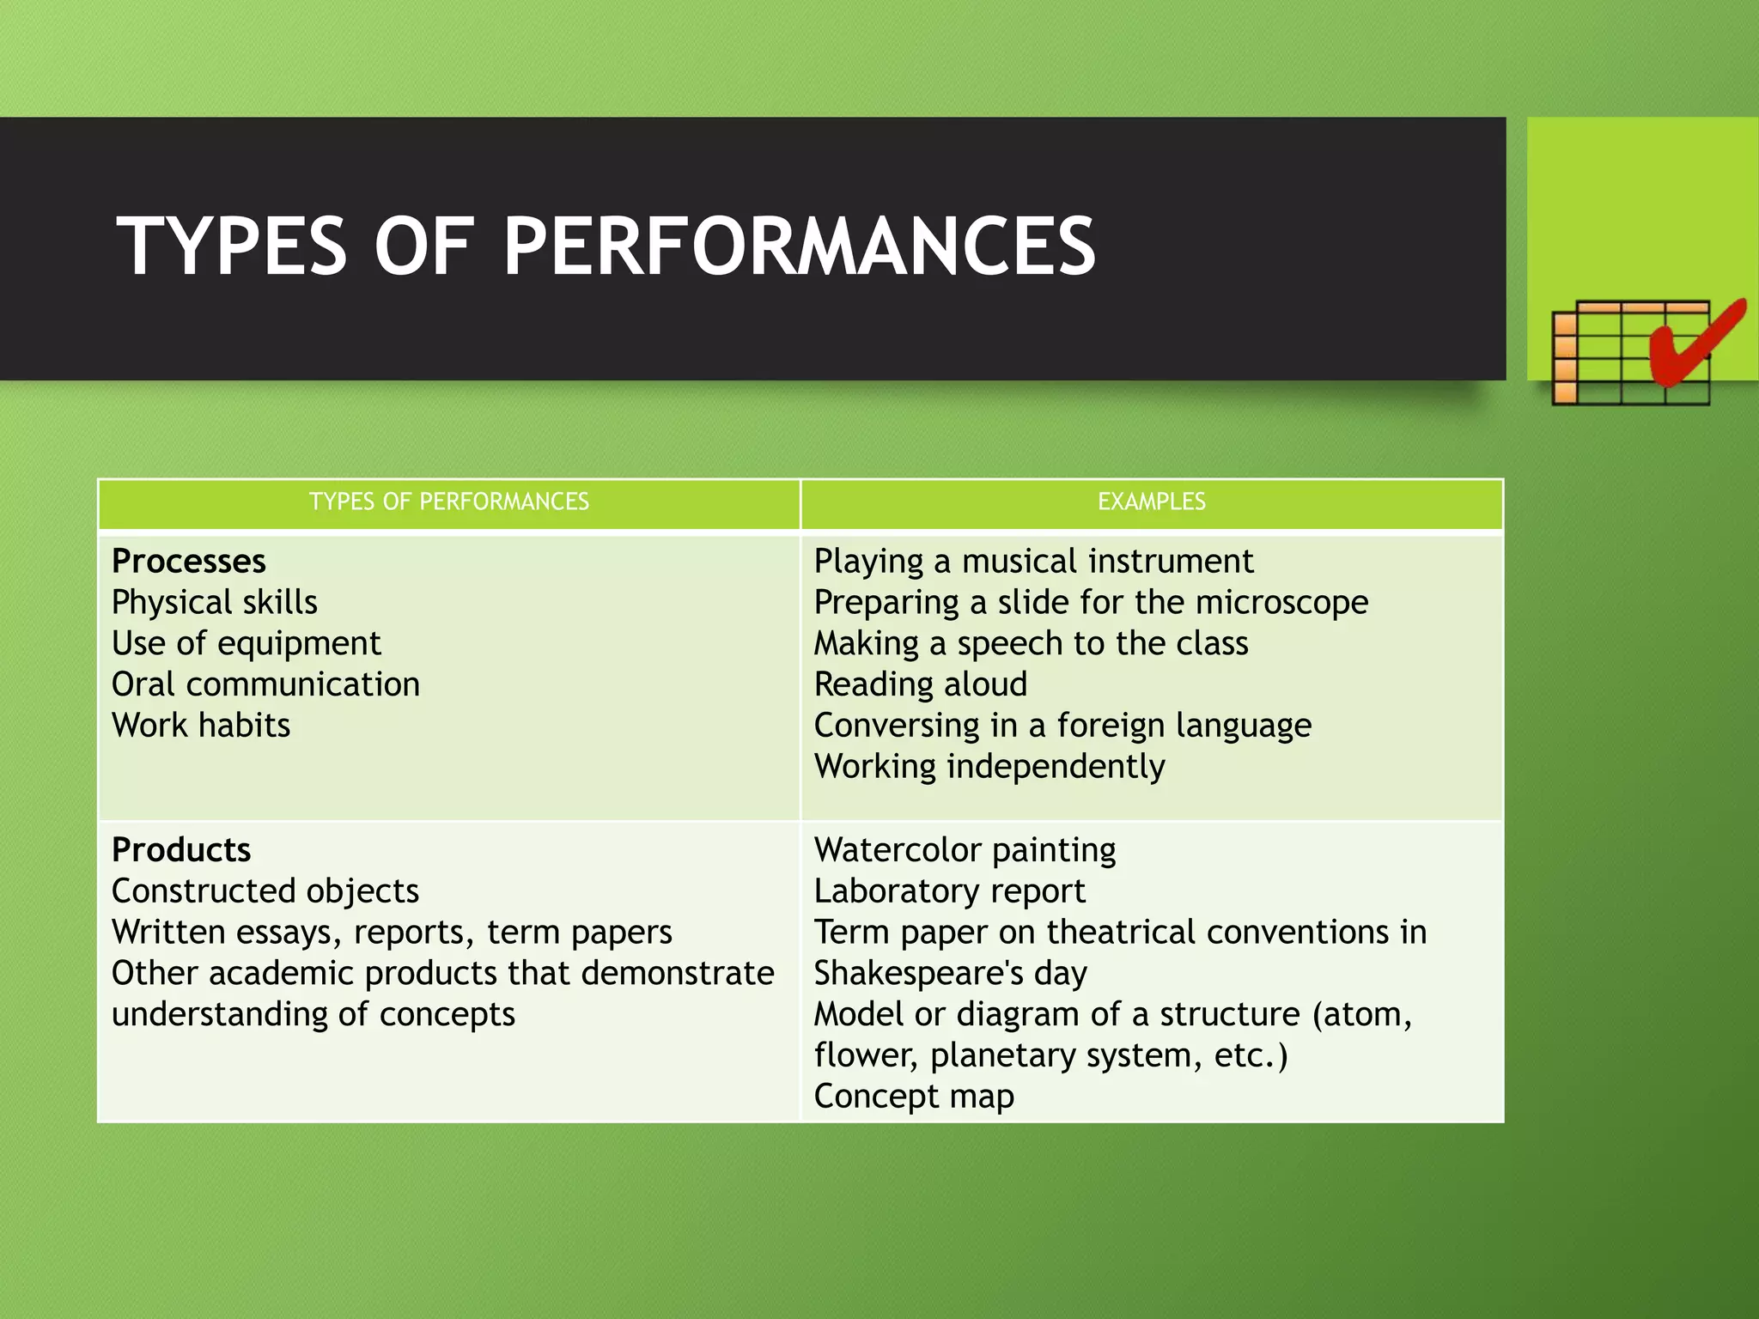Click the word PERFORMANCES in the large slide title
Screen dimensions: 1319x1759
[799, 246]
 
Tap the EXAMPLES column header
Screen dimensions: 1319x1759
[1151, 502]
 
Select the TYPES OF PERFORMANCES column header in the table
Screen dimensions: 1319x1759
[448, 502]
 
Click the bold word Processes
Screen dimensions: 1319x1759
[189, 562]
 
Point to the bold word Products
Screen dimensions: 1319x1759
[181, 850]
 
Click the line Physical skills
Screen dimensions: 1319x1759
[215, 603]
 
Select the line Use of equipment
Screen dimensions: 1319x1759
[247, 644]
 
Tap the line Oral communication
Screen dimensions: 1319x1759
[265, 685]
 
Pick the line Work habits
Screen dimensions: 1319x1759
[201, 726]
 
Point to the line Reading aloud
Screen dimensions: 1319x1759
[921, 685]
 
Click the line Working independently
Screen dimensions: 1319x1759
[989, 767]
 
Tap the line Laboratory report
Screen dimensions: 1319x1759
[950, 891]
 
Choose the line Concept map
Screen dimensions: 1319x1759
[914, 1097]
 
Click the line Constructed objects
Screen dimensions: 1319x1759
[265, 891]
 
